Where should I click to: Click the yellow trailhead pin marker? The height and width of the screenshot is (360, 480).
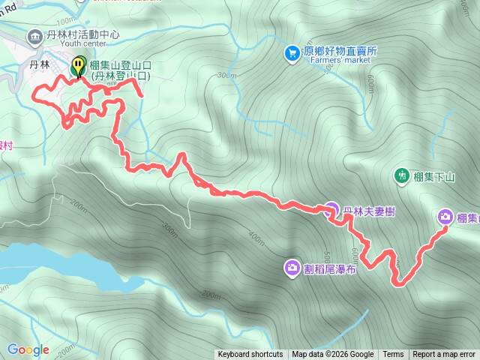78,67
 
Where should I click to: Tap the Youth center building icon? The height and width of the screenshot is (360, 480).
34,36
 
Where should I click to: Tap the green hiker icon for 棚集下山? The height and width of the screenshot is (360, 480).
402,175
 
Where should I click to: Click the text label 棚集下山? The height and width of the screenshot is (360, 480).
435,177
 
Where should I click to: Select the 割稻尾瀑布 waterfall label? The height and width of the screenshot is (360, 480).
331,268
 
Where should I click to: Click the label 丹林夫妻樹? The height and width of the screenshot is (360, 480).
369,211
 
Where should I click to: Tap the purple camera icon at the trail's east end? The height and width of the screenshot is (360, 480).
445,217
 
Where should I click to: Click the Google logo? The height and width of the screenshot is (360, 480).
28,349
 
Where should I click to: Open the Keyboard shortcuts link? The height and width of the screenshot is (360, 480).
250,355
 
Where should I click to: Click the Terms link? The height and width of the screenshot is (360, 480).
393,355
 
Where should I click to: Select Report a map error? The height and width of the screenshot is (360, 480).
444,355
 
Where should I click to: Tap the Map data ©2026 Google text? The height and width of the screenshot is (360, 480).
333,355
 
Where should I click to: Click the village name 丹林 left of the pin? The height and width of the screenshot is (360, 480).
39,65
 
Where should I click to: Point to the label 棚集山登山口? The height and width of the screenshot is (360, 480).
121,66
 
